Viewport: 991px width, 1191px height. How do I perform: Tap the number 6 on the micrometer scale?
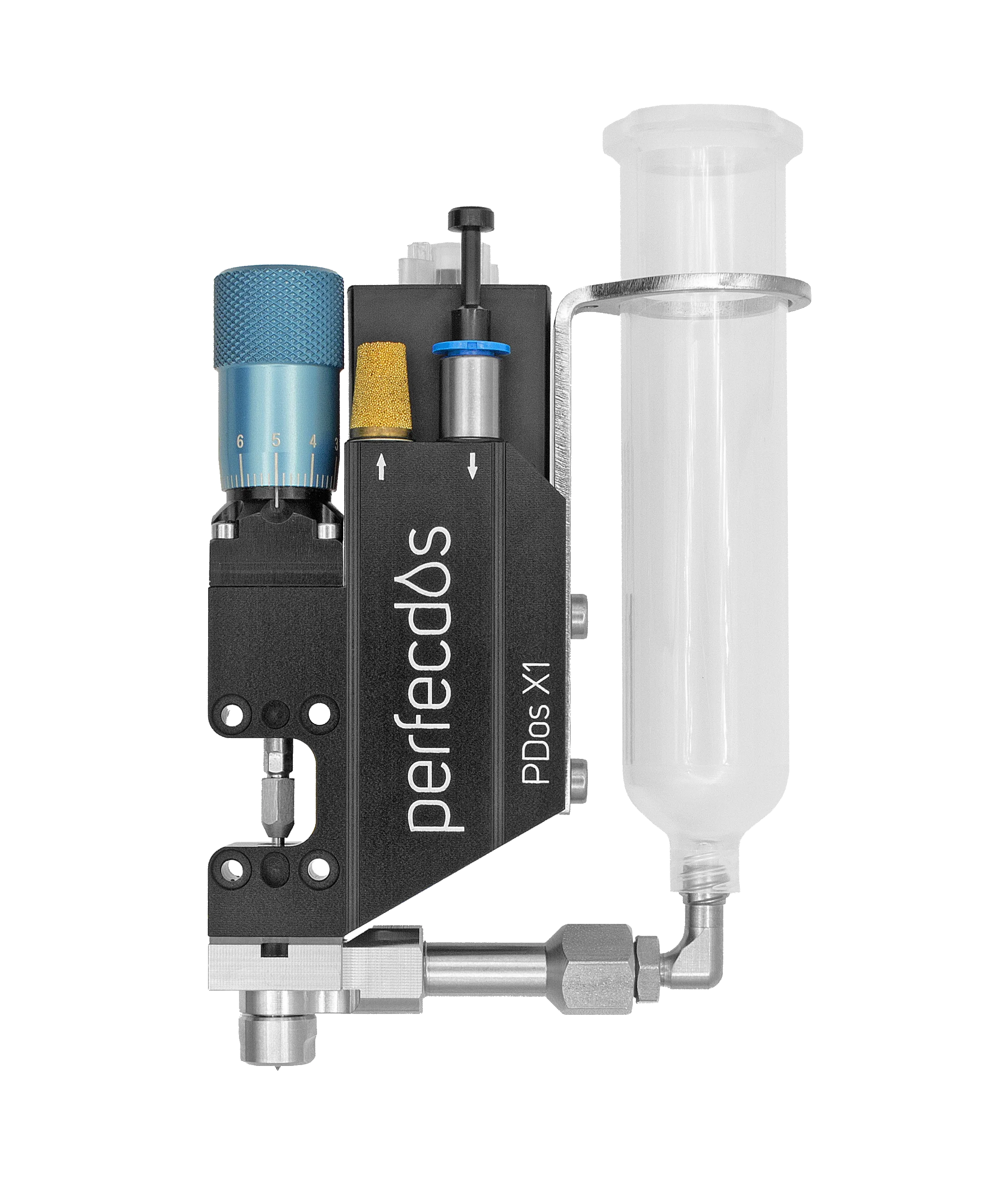pos(240,441)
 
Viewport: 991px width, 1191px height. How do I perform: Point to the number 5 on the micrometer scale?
pos(276,441)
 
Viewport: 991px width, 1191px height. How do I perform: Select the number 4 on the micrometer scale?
pos(313,441)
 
